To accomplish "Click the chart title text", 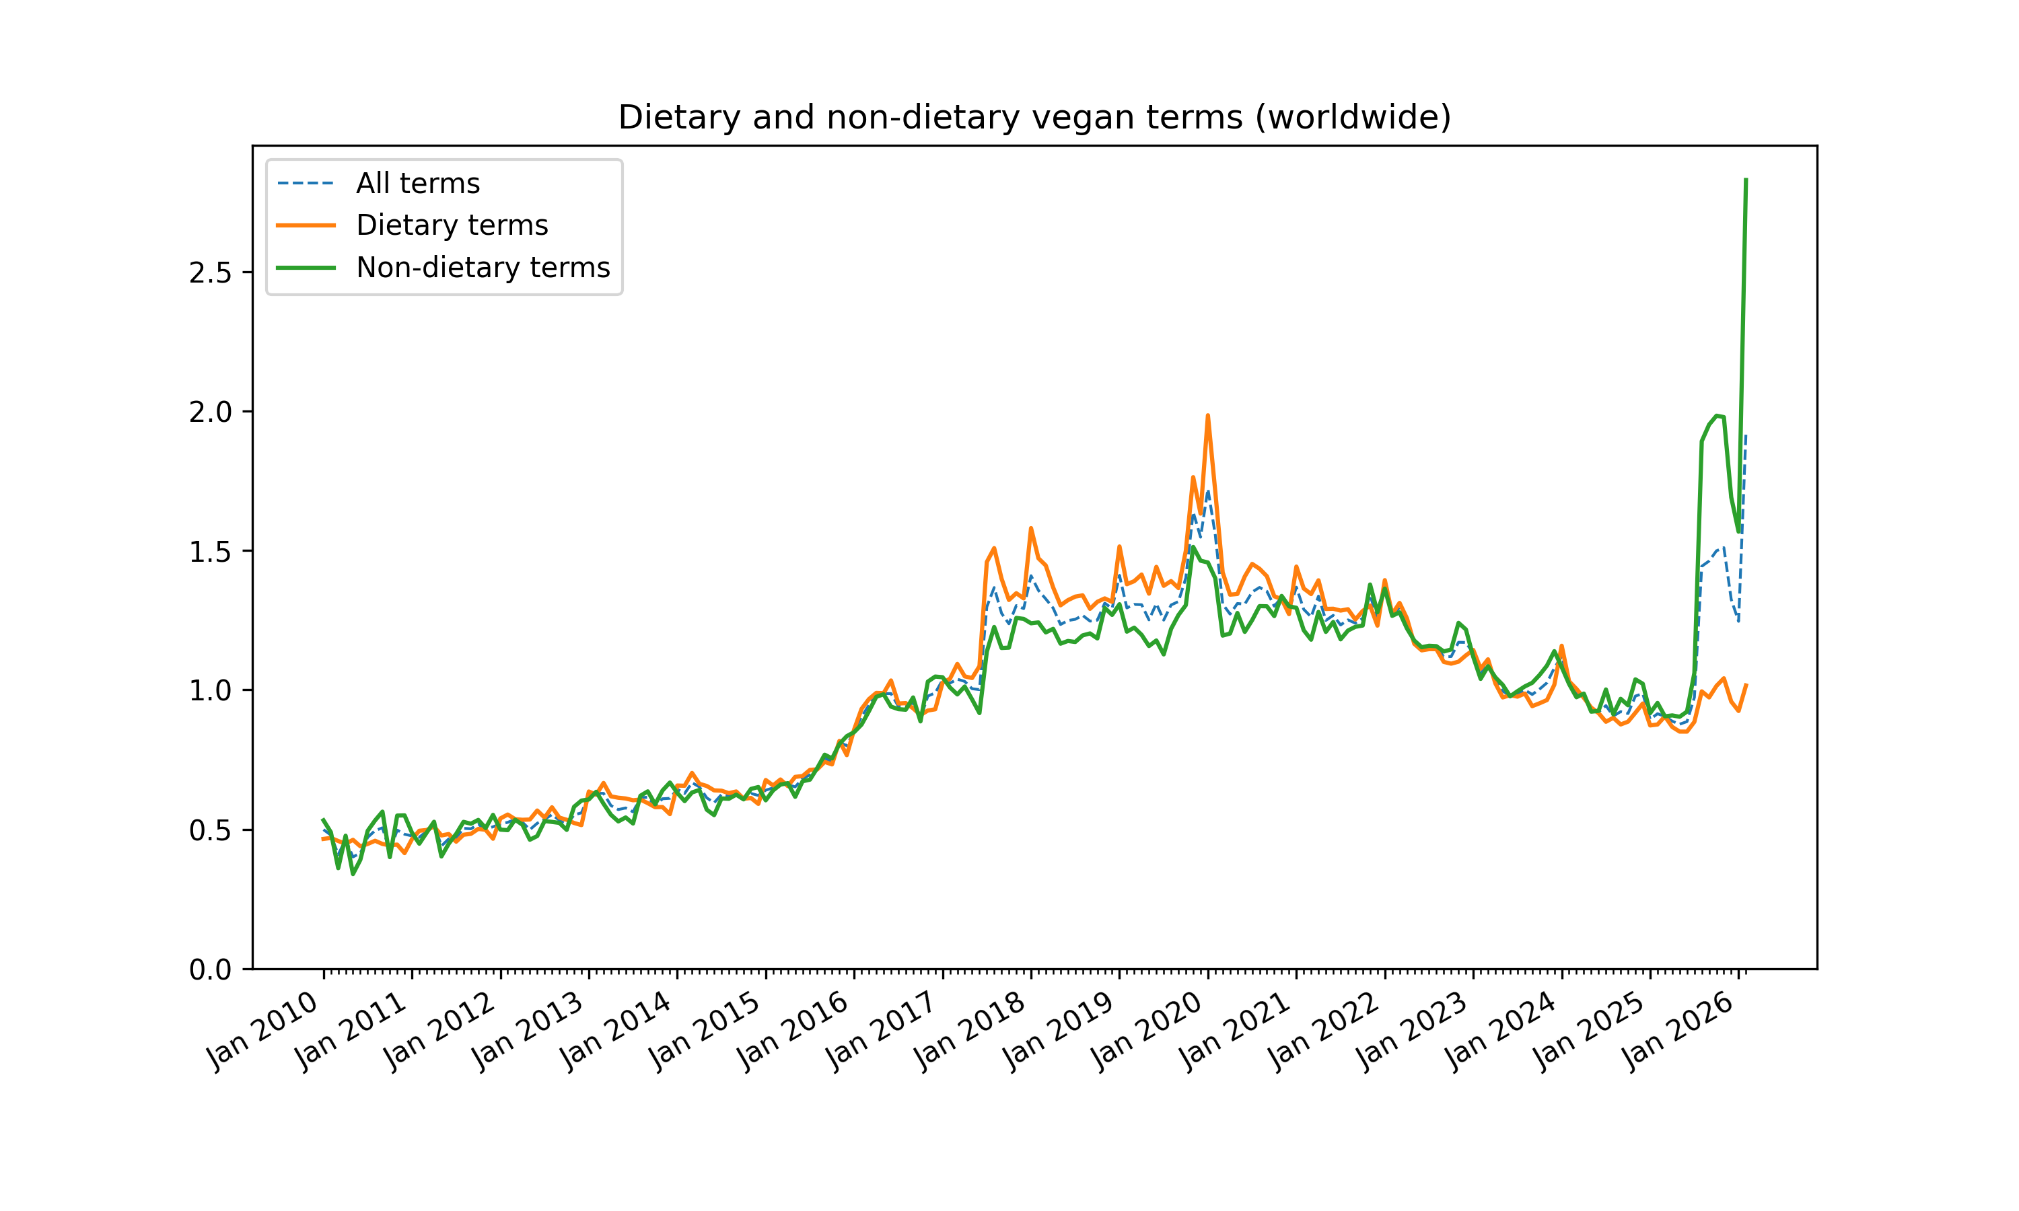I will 1034,118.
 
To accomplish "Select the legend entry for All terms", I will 418,184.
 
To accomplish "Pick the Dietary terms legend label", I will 452,225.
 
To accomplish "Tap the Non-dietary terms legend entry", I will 483,268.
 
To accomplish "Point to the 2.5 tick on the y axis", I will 210,273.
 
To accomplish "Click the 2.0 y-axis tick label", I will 210,413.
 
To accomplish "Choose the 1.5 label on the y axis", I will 210,552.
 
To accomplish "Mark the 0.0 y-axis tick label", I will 210,970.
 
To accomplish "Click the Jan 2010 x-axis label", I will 262,1031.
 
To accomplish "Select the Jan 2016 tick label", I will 793,1031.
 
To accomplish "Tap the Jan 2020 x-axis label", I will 1147,1031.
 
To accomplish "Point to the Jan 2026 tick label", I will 1677,1031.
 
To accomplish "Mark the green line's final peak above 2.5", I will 1745,180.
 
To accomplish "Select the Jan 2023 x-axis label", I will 1412,1031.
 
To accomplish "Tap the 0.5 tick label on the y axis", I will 210,831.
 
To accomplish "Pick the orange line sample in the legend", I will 306,225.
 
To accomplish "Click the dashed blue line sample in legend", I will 306,184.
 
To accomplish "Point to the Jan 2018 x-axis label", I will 970,1031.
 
